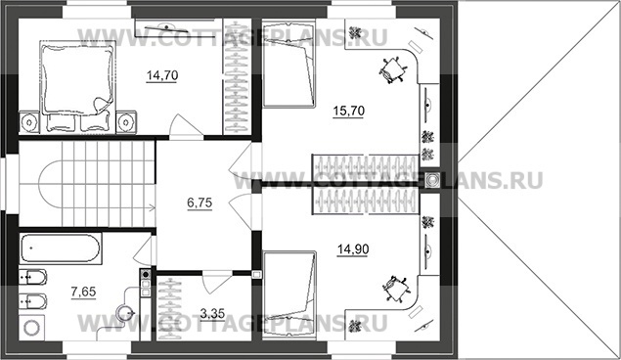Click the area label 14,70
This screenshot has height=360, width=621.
(162, 75)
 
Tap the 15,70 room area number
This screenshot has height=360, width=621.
(348, 111)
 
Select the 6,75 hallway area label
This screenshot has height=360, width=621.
(200, 203)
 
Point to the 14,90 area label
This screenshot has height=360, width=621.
(353, 249)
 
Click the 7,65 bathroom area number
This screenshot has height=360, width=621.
(83, 292)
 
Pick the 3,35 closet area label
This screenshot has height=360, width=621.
(212, 314)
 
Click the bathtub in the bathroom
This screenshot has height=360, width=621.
(60, 248)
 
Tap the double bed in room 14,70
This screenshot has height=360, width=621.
(77, 86)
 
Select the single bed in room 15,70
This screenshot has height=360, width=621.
(289, 64)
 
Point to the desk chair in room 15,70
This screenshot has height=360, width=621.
(393, 70)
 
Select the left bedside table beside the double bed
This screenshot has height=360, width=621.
(29, 122)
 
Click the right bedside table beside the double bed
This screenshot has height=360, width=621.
(126, 122)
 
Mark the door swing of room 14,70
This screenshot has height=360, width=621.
(186, 125)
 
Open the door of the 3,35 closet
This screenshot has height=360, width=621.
(216, 282)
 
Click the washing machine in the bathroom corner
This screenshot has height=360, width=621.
(31, 327)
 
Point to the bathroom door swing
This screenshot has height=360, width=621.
(145, 249)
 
